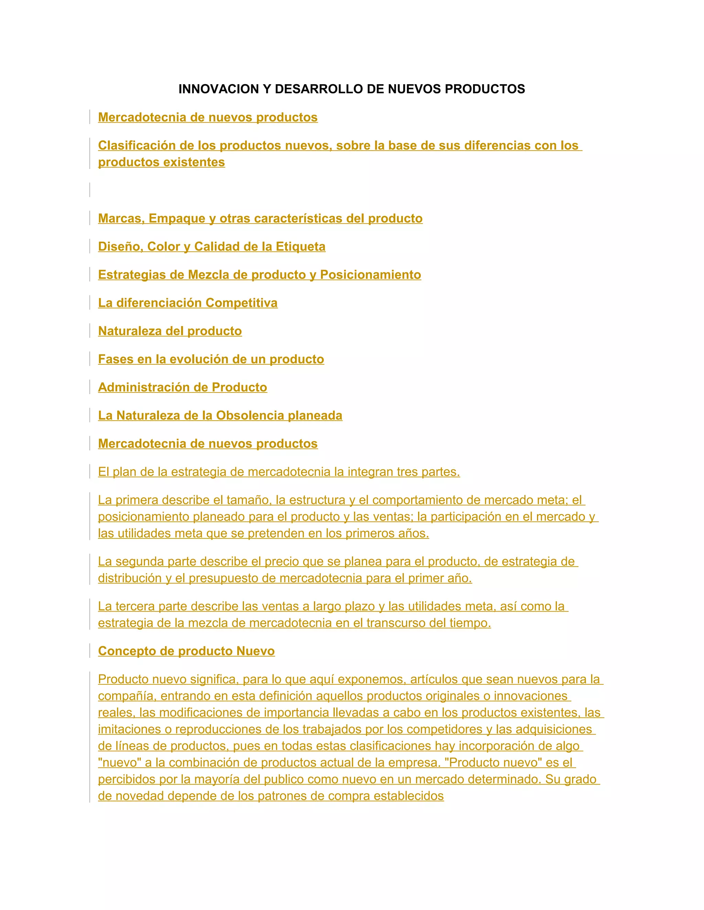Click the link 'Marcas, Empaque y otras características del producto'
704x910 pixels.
coord(260,218)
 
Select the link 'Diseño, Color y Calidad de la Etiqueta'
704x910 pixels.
coord(211,247)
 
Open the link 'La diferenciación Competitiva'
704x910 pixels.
coord(188,303)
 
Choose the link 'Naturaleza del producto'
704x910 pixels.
coord(170,331)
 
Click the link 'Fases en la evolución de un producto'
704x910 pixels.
coord(211,359)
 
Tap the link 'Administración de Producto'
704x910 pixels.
coord(182,387)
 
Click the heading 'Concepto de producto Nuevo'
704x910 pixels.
coord(186,651)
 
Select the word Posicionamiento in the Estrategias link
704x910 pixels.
coord(370,275)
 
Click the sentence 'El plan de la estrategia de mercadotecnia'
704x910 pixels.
coord(278,472)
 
